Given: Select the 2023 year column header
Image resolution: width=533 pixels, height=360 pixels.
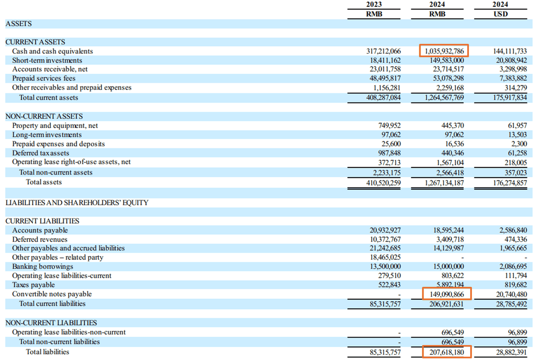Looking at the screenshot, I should (x=374, y=5).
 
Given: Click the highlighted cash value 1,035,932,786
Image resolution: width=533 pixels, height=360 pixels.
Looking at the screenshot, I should (x=443, y=51).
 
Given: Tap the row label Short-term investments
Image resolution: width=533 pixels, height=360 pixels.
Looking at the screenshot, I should (x=47, y=60).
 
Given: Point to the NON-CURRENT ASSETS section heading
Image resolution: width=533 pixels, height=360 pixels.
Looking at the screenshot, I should (x=44, y=116).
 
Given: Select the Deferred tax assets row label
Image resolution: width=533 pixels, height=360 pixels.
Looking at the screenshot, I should (x=40, y=153).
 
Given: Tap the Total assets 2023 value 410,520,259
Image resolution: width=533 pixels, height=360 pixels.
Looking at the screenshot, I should (x=382, y=182).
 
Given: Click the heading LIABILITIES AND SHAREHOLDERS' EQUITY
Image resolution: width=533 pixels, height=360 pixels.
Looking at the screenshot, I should (x=77, y=203).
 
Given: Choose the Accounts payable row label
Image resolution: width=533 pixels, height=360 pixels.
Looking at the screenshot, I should (x=40, y=230).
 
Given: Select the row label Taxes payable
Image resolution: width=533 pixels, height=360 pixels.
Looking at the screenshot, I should (x=33, y=285).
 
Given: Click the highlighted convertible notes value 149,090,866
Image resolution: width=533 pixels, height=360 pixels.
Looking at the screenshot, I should (x=446, y=294).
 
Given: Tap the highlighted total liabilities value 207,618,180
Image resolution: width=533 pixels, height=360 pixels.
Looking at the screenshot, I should (x=446, y=352).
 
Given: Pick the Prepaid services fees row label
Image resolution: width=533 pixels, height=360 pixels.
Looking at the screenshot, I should (x=44, y=78).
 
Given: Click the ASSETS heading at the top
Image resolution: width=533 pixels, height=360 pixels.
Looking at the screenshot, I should (x=18, y=24).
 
